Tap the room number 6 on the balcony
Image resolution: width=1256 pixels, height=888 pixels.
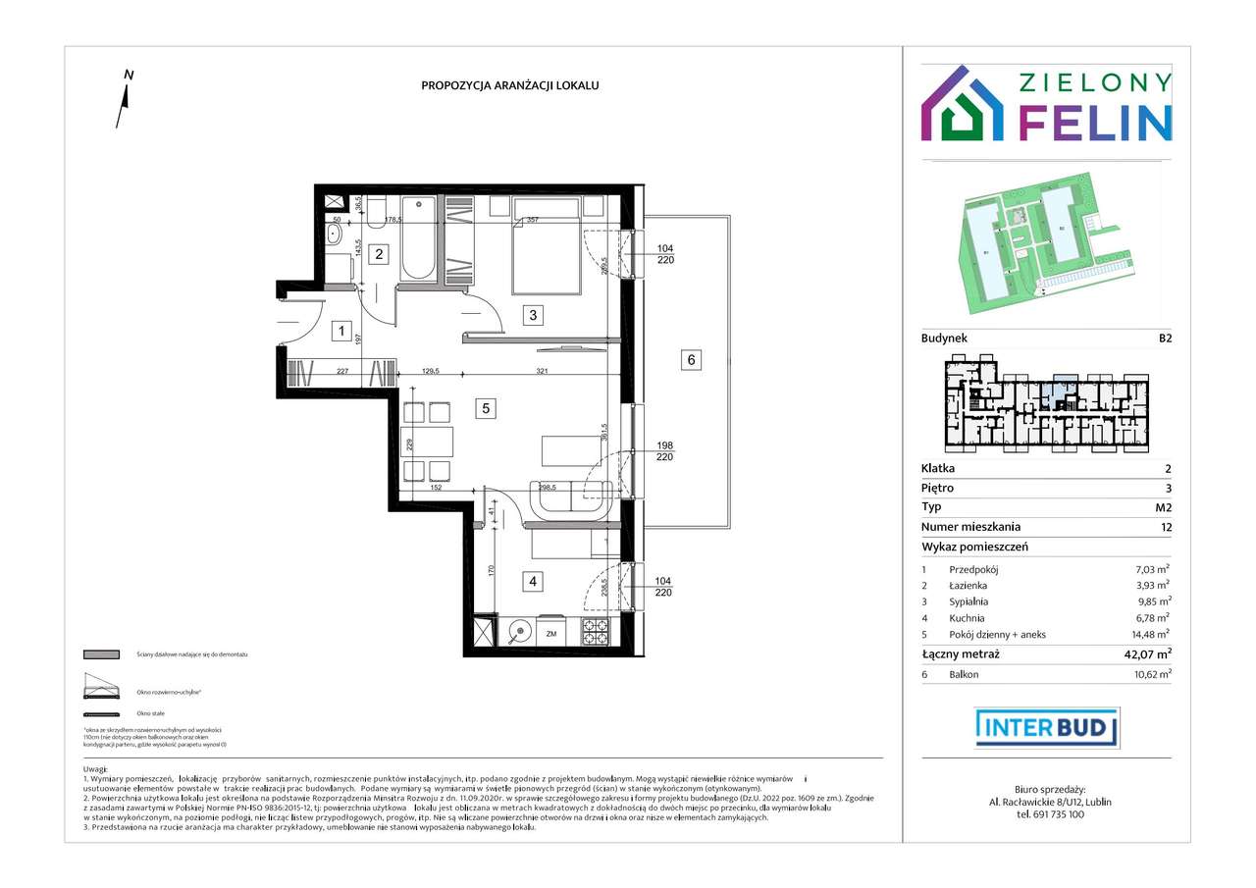691,360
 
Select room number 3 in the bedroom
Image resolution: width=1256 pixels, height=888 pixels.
533,315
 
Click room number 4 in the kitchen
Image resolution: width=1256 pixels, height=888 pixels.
533,582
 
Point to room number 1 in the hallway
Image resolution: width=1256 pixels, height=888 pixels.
340,331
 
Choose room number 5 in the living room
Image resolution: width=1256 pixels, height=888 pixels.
485,408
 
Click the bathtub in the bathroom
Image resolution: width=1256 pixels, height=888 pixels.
417,240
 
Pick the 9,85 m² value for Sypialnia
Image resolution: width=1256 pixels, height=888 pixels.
1151,601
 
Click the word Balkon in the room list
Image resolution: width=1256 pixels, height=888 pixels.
964,674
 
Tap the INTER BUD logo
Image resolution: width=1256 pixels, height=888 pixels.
1047,727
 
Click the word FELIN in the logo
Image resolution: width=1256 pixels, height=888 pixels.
1095,121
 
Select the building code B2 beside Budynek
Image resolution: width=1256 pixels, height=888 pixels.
1164,338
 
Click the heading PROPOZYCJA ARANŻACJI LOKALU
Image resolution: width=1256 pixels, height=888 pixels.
510,85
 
